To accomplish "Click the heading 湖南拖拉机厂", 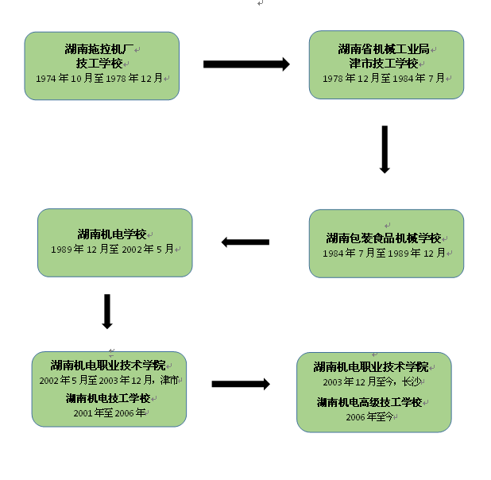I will click(x=99, y=48).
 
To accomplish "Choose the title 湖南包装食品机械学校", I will click(x=384, y=238).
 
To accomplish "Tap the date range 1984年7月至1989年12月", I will click(x=385, y=254).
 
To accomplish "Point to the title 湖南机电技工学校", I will click(x=108, y=397).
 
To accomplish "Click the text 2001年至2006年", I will click(x=110, y=413).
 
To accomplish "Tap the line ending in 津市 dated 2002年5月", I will click(x=109, y=381).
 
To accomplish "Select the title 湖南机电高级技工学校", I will click(x=369, y=402).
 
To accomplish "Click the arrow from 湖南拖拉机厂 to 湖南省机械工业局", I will click(x=246, y=64).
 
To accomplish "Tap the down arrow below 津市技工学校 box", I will click(x=385, y=149).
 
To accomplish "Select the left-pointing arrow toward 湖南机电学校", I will click(x=245, y=242).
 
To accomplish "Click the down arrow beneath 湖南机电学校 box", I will click(x=107, y=312).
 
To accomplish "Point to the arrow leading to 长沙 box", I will click(x=241, y=384).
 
